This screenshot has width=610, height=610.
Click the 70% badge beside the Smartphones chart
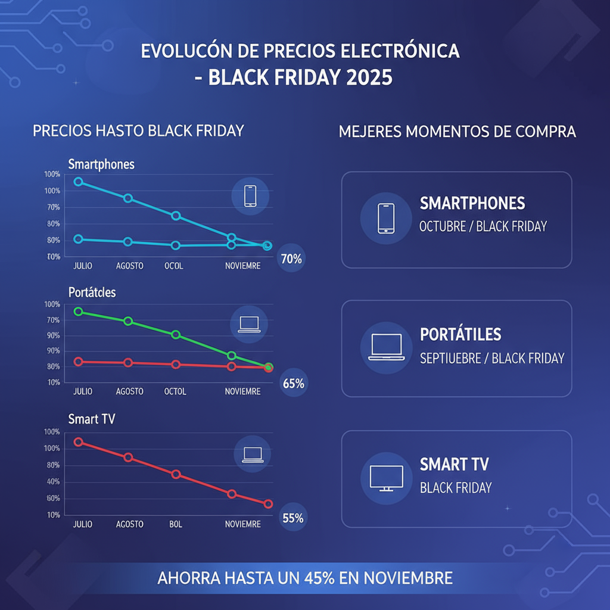pos(291,259)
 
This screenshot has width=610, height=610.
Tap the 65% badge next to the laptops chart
pos(293,384)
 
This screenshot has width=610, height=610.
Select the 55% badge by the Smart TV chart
pos(292,518)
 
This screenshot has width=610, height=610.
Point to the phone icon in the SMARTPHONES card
pos(386,219)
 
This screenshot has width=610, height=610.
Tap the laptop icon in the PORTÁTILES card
pos(386,347)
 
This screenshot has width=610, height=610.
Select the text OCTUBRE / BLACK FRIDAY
pos(483,226)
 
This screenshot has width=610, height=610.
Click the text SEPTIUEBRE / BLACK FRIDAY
pos(492,358)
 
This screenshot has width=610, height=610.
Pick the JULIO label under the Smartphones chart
pos(82,266)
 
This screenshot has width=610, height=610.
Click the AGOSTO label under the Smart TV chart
pos(129,524)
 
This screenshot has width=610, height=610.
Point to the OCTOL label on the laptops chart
pos(175,391)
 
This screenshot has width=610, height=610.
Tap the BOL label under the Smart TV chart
pos(176,524)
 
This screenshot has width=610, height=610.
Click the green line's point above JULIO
pos(78,312)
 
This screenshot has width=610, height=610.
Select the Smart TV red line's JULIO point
pos(78,442)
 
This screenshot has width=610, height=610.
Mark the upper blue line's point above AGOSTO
pos(127,198)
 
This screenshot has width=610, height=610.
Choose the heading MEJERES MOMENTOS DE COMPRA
pos(457,131)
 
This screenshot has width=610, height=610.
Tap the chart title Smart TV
pos(92,419)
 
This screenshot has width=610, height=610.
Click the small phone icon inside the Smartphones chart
pos(250,196)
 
